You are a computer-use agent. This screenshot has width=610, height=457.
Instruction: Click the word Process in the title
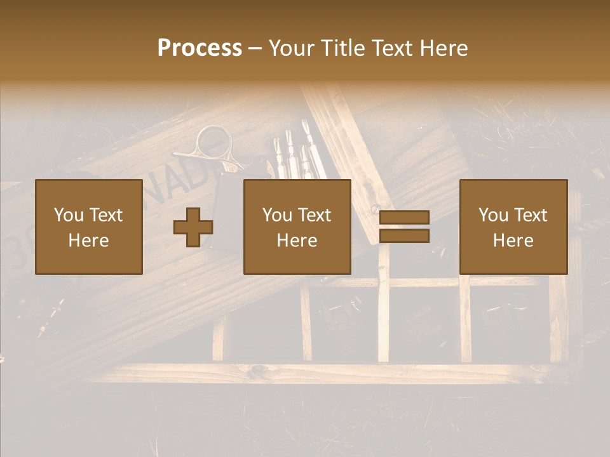tap(200, 48)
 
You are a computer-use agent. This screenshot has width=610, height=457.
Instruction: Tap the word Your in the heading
tap(292, 48)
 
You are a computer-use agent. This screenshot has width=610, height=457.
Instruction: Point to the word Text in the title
tap(392, 48)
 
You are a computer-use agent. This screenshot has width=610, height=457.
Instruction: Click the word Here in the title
tap(444, 48)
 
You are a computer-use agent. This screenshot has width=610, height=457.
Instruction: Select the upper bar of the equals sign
tap(404, 217)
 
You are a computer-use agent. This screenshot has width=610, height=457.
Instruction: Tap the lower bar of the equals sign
tap(404, 236)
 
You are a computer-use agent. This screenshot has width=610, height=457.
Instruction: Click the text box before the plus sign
tap(88, 227)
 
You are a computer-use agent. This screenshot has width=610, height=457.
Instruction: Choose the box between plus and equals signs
tap(297, 227)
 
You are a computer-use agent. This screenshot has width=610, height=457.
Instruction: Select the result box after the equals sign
tap(513, 227)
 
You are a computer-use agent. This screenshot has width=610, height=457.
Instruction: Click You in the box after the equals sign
tap(494, 215)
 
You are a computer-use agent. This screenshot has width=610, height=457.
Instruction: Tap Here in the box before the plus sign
tap(88, 240)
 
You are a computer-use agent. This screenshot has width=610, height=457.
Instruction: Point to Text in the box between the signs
tap(315, 215)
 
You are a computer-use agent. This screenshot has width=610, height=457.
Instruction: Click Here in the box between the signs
tap(297, 240)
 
